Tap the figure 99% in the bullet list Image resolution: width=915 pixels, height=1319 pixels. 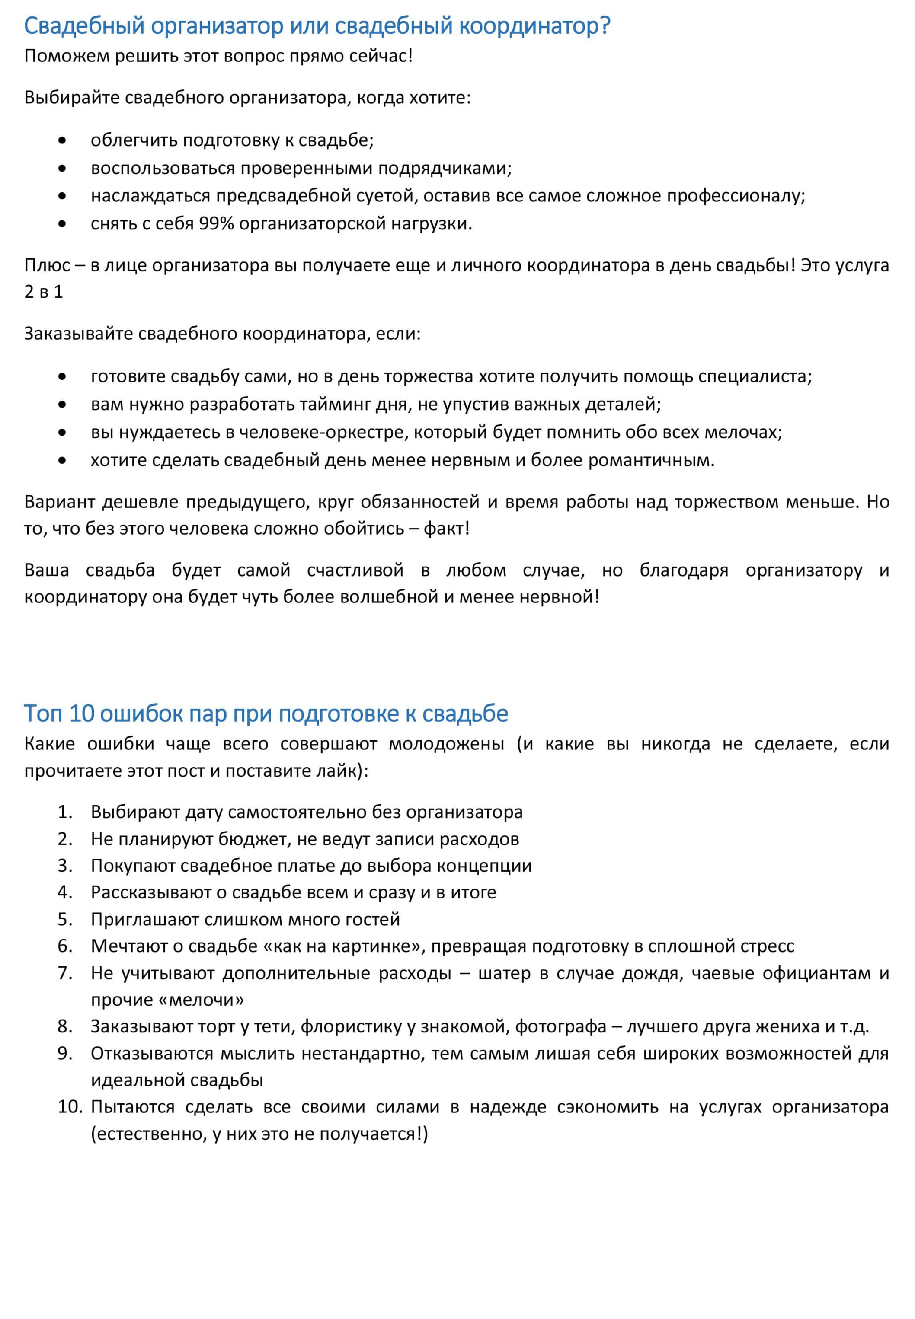tap(216, 223)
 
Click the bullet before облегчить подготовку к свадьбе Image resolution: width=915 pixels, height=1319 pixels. tap(62, 140)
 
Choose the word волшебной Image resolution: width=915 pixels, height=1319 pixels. tap(389, 596)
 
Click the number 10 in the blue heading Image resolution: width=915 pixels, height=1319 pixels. tap(81, 714)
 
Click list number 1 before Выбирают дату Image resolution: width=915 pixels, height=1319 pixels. tap(65, 812)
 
